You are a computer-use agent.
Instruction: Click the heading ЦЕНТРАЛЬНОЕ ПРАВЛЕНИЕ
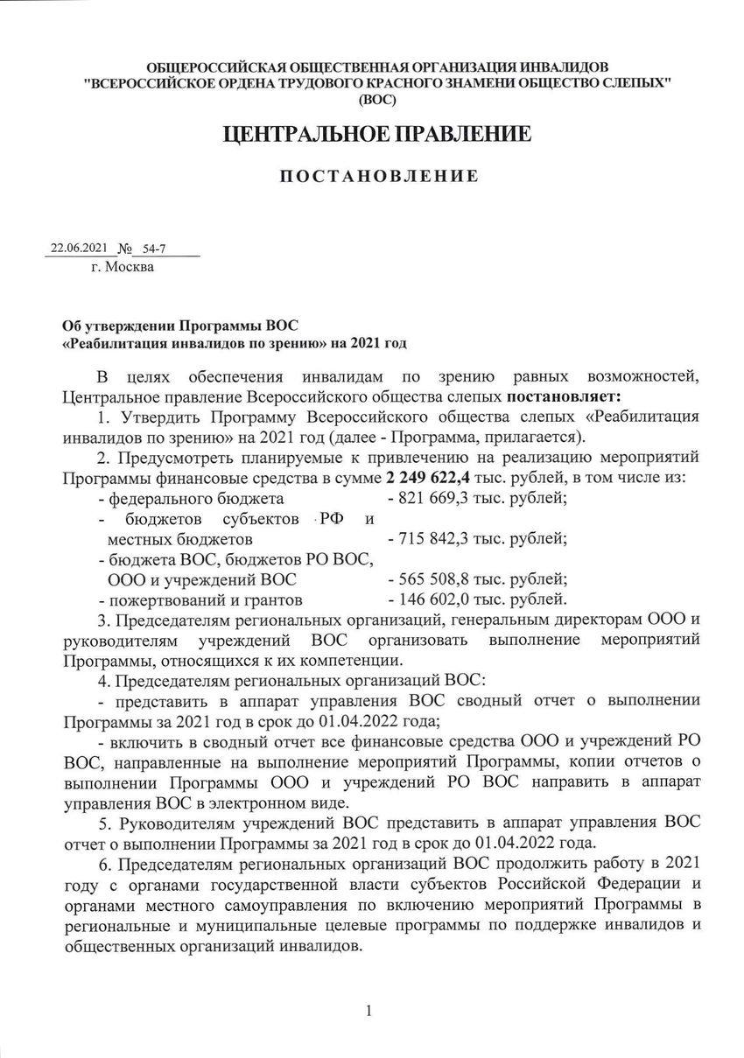pos(377,135)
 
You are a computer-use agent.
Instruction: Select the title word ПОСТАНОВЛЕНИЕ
pos(378,176)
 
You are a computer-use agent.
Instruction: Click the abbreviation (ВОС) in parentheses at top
pos(377,100)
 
